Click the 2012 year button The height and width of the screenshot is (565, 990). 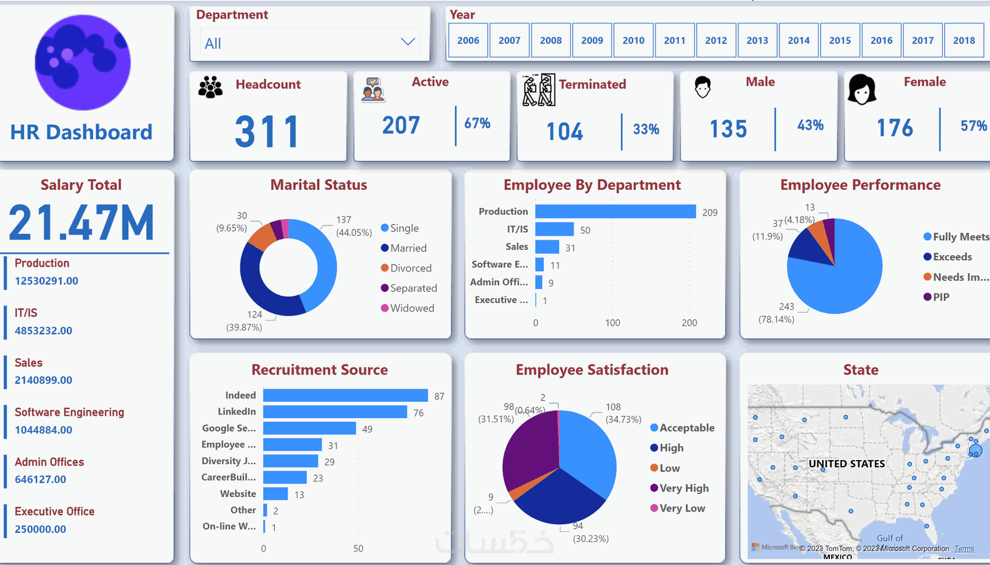(x=716, y=40)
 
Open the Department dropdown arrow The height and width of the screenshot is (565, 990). (x=408, y=42)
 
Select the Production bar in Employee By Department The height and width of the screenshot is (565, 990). (x=615, y=211)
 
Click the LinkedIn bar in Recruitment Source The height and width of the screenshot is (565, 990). (x=335, y=412)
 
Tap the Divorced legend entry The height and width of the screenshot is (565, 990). (x=411, y=268)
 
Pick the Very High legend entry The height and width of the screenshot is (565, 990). (x=684, y=488)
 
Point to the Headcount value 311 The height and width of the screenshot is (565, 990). (x=267, y=132)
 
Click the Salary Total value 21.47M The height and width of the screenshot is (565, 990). (x=82, y=223)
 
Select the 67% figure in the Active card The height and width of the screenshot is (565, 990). (x=477, y=123)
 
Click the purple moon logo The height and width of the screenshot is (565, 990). (x=83, y=62)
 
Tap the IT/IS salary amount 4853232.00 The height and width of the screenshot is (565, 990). (x=44, y=331)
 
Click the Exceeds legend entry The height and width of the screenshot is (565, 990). (x=952, y=257)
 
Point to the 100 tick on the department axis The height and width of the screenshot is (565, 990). (x=612, y=323)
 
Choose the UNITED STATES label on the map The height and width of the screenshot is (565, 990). (x=846, y=464)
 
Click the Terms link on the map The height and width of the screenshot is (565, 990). (x=964, y=549)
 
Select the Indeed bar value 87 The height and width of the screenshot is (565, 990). (x=439, y=396)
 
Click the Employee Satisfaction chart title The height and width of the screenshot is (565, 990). (x=592, y=370)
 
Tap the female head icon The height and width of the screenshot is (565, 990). (x=861, y=90)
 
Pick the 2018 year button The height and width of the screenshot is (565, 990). (x=964, y=40)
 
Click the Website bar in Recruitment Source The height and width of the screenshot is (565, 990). (x=275, y=494)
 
